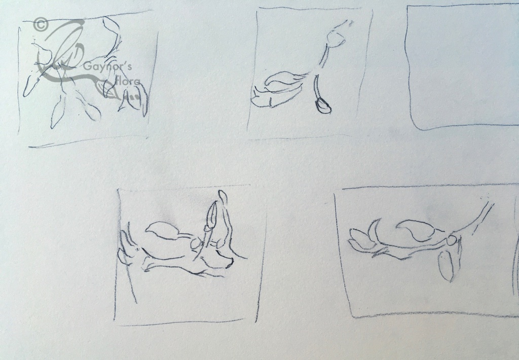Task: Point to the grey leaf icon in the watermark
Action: (x=108, y=89)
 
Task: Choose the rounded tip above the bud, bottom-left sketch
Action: (x=223, y=197)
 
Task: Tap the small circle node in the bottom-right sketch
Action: (x=451, y=241)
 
